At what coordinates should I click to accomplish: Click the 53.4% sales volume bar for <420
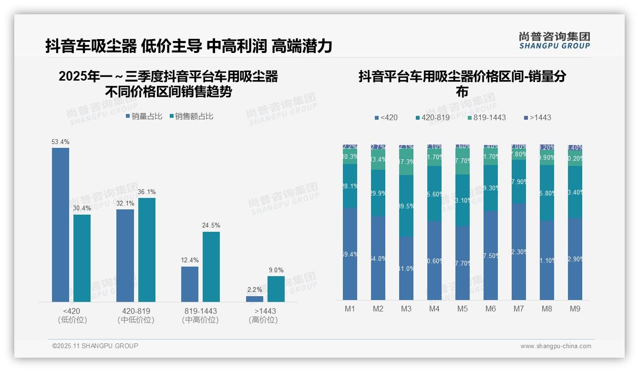point(61,225)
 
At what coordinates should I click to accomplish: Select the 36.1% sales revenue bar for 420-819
point(147,250)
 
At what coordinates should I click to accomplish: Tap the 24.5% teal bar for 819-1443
point(211,267)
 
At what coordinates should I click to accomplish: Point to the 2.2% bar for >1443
point(255,299)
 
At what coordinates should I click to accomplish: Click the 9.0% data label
point(276,270)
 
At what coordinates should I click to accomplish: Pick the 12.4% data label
point(190,260)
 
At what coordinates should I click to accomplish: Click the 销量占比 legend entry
point(144,116)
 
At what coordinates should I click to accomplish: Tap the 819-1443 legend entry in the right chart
point(486,117)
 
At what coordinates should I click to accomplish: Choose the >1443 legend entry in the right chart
point(537,117)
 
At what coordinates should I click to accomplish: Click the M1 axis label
point(350,309)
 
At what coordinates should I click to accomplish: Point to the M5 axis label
point(463,309)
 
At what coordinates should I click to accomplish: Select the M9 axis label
point(575,309)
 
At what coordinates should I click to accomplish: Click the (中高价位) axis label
point(200,320)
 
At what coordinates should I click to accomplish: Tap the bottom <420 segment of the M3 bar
point(406,268)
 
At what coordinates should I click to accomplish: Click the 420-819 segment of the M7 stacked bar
point(519,182)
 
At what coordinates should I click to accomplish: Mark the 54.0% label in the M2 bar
point(378,259)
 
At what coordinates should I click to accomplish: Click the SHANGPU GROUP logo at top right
point(555,41)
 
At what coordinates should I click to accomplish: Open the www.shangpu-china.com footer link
point(556,346)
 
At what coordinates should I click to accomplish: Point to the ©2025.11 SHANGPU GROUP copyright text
point(95,346)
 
